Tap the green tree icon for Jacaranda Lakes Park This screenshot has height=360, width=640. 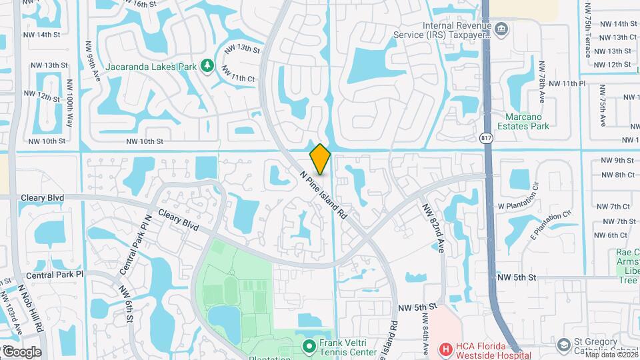coord(207,65)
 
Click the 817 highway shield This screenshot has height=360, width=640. coord(485,137)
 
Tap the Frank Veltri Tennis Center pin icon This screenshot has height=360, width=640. coord(309,346)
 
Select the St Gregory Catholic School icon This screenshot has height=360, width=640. coord(563,344)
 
